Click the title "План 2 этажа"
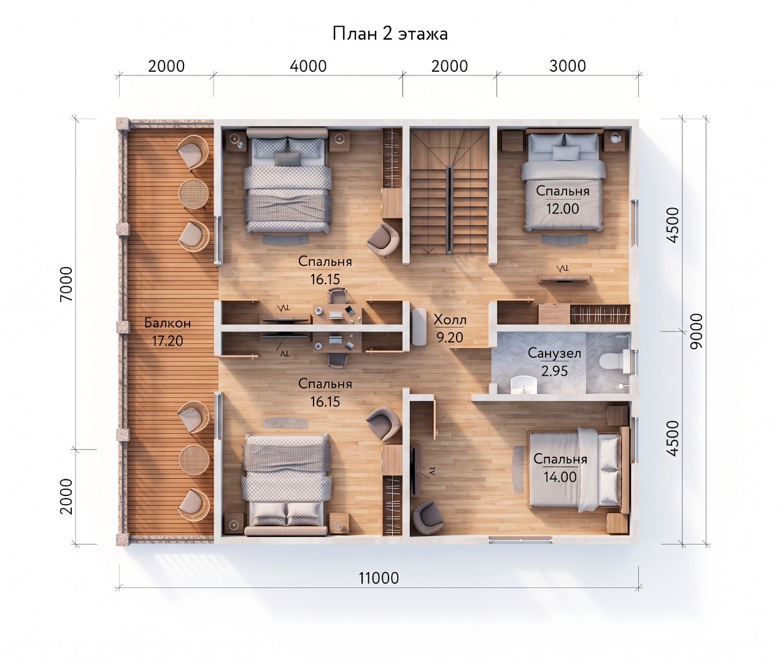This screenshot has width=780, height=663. point(390,34)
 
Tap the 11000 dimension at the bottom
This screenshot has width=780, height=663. point(379,578)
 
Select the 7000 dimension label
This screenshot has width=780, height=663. point(66,284)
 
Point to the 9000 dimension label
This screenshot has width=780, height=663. point(696,331)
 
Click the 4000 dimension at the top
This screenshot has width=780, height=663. point(308,66)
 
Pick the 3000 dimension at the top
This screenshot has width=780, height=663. point(568,66)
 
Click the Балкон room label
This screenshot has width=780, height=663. point(168,323)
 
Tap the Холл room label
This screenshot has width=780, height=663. point(450,320)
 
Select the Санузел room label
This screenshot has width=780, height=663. point(554,354)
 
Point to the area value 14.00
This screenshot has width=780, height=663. point(560,477)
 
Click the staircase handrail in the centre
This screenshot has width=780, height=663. point(449,209)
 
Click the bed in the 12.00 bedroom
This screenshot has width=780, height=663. point(563,180)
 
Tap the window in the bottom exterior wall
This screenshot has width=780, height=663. point(521,540)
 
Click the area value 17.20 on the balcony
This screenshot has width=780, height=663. point(168,341)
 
